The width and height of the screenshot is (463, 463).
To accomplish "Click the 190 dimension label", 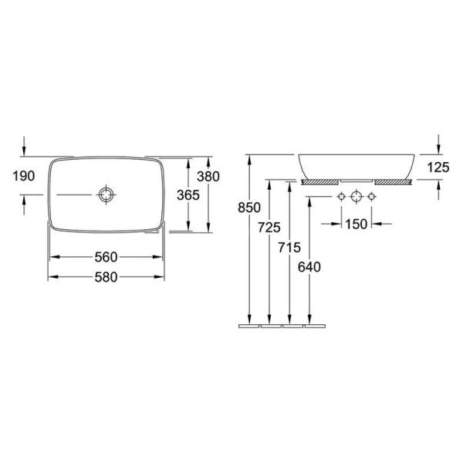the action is pos(24,176).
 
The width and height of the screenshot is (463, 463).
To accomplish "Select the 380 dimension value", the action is pos(208,177).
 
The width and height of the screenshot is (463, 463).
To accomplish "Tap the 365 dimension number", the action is pos(188,195).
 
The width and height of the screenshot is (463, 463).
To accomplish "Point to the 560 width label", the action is pos(106,257).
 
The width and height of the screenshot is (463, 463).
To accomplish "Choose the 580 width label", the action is pos(106,277).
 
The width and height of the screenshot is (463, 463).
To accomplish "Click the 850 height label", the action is pos(249,208).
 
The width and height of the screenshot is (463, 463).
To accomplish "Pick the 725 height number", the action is pos(269,228).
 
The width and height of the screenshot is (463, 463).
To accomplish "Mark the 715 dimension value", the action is pos(289,248).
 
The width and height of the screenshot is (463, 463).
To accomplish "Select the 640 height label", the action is pos(309,267).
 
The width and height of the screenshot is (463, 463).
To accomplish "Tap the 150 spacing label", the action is pos(356,224).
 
